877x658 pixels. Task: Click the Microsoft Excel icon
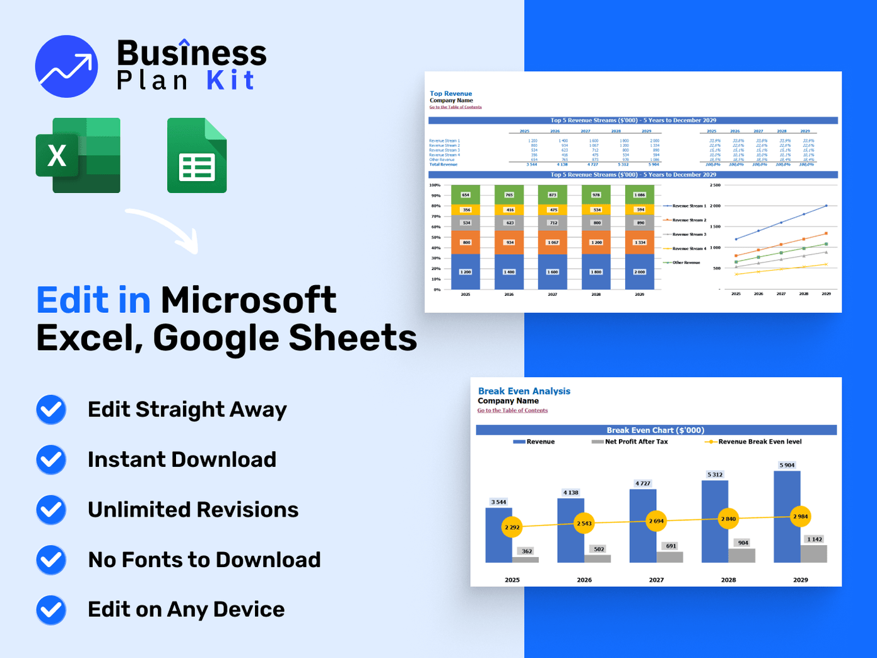[x=78, y=155]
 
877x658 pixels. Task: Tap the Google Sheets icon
[x=197, y=155]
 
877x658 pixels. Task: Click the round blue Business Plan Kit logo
[x=66, y=66]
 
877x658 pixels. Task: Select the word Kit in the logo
[x=230, y=81]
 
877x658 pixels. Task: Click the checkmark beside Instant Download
[x=51, y=460]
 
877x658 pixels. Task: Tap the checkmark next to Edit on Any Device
[x=51, y=610]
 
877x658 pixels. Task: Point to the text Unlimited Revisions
[x=193, y=510]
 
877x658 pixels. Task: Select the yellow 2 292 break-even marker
[x=512, y=527]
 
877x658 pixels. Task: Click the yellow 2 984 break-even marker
[x=800, y=517]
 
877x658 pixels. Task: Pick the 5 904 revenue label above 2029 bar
[x=787, y=465]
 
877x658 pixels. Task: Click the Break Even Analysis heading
[x=524, y=391]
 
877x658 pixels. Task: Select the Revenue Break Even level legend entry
[x=753, y=442]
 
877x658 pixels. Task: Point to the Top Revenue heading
[x=450, y=93]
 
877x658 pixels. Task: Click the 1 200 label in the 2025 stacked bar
[x=466, y=272]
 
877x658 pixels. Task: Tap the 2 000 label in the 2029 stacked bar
[x=639, y=272]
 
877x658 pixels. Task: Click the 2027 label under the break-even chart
[x=656, y=580]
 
